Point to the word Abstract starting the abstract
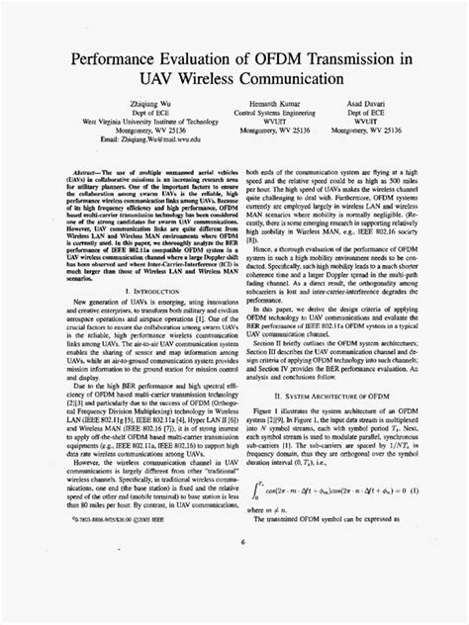(84, 170)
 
